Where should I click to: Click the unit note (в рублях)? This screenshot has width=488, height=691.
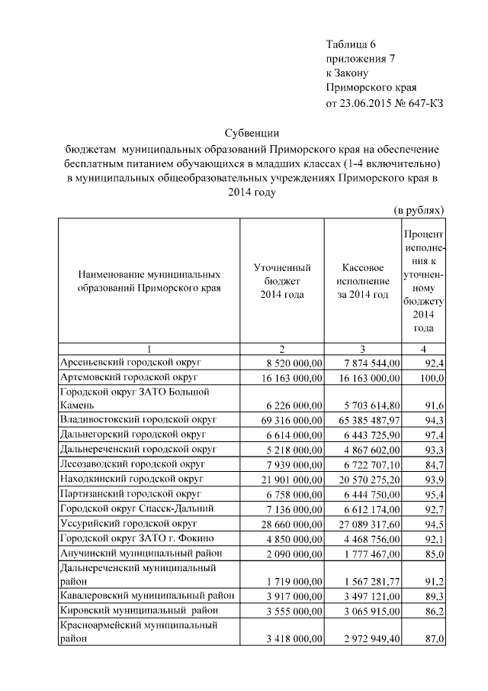419,209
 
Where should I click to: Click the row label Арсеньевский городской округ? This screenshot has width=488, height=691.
130,361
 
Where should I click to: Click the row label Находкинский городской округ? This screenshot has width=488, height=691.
136,479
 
